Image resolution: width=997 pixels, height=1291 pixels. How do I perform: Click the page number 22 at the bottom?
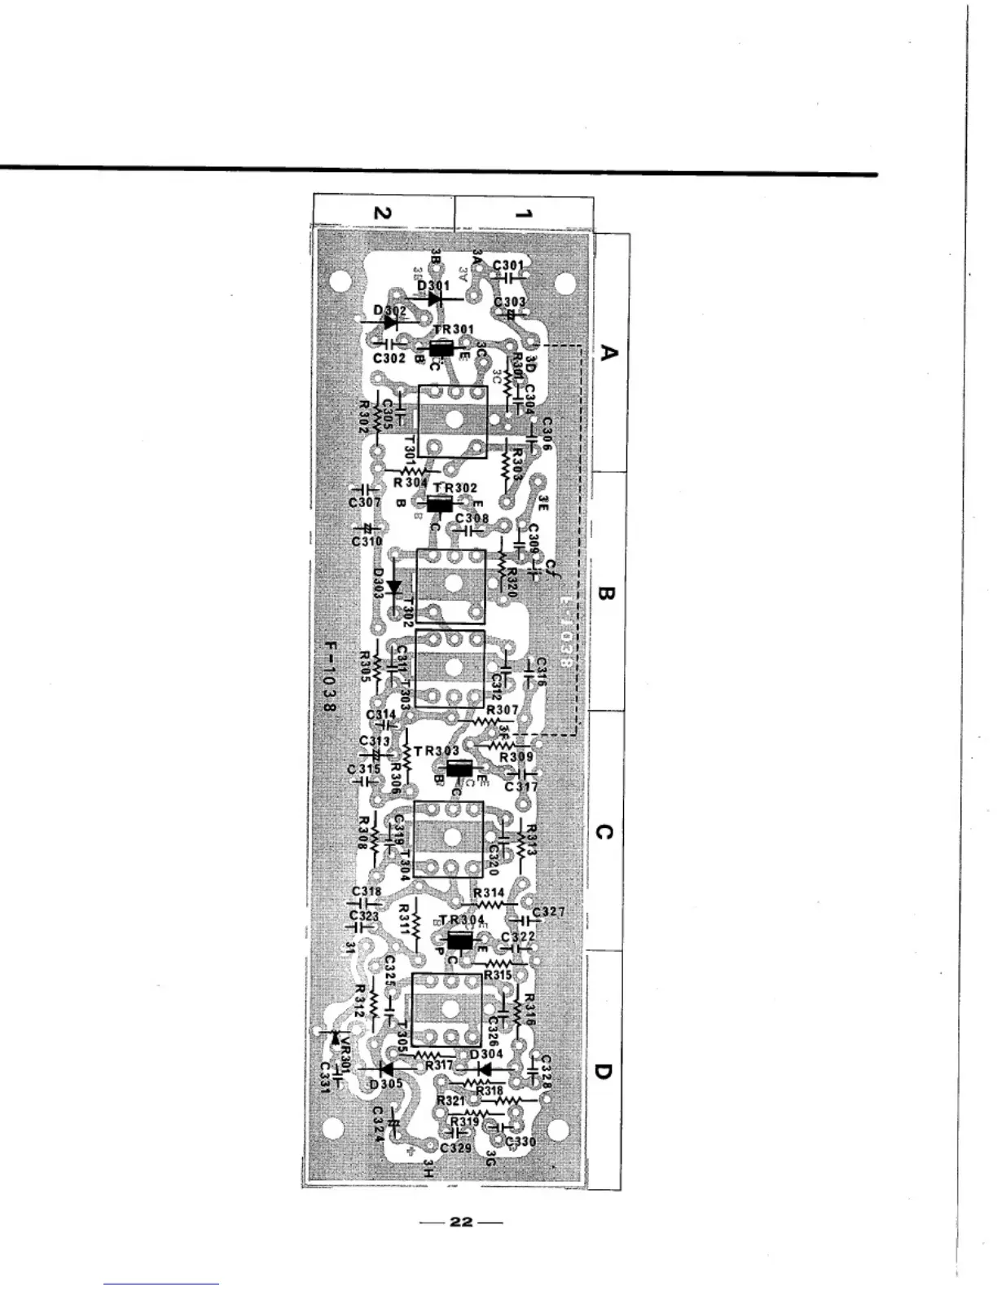[x=461, y=1222]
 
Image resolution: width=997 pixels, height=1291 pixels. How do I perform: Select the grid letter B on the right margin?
[x=607, y=593]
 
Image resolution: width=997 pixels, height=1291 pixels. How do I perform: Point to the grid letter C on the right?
[x=604, y=832]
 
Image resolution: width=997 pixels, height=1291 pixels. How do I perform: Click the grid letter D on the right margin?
[x=603, y=1070]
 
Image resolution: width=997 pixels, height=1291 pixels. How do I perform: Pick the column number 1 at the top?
[x=524, y=214]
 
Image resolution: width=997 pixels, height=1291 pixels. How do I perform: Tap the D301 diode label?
[x=433, y=286]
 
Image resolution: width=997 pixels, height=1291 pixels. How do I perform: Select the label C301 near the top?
[x=509, y=265]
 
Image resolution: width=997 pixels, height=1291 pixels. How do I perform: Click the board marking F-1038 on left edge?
[x=330, y=677]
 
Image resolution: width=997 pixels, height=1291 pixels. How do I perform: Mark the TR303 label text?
[x=437, y=750]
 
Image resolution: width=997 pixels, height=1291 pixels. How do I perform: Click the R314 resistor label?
[x=489, y=893]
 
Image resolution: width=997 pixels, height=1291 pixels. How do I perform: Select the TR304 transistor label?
[x=462, y=920]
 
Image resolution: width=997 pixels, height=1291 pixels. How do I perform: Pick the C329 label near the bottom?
[x=455, y=1148]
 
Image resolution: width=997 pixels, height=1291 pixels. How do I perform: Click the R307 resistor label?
[x=502, y=711]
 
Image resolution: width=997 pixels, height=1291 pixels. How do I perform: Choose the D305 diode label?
[x=386, y=1084]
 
